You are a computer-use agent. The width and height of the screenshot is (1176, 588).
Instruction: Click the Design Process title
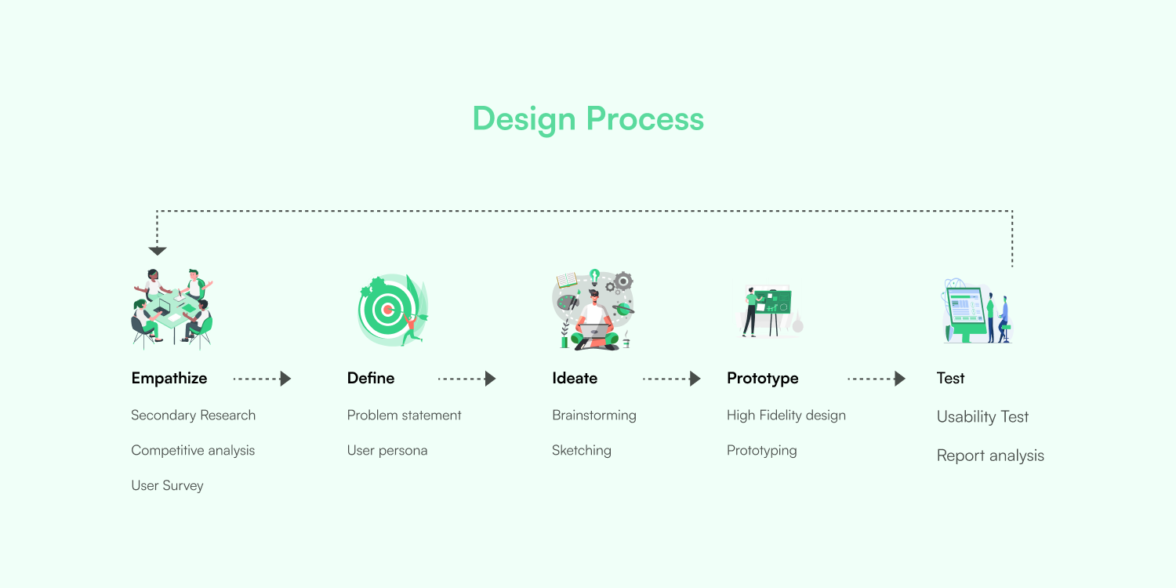[x=588, y=119]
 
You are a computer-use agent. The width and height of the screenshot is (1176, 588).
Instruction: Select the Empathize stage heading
[x=169, y=379]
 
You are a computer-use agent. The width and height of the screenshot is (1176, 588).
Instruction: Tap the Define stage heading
[x=371, y=379]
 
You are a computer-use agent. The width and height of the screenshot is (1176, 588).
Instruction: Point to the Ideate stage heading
[x=575, y=379]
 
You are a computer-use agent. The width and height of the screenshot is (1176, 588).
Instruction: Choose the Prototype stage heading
[x=762, y=379]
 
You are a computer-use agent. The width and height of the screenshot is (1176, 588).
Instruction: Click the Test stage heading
[x=950, y=379]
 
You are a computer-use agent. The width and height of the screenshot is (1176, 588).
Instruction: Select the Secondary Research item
[x=193, y=416]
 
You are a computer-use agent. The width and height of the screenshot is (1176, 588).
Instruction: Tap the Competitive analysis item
[x=193, y=451]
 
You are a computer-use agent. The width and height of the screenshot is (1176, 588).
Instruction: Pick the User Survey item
[x=167, y=486]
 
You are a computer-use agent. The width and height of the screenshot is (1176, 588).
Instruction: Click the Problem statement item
[x=404, y=416]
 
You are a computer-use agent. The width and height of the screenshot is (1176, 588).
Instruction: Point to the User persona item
[x=387, y=451]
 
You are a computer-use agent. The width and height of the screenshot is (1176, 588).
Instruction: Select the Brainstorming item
[x=593, y=416]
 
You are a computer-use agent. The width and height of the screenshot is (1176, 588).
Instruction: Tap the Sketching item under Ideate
[x=581, y=451]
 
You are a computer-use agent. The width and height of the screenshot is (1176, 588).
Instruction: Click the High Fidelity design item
[x=786, y=416]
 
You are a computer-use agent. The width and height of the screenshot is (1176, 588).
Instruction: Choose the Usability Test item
[x=982, y=417]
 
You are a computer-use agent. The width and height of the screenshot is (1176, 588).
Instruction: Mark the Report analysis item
[x=990, y=456]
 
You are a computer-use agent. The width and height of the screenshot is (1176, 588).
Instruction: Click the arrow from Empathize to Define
[x=263, y=379]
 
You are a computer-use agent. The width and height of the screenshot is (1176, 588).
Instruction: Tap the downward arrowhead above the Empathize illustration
[x=158, y=251]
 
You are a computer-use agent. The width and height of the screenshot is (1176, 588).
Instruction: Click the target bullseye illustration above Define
[x=387, y=310]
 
